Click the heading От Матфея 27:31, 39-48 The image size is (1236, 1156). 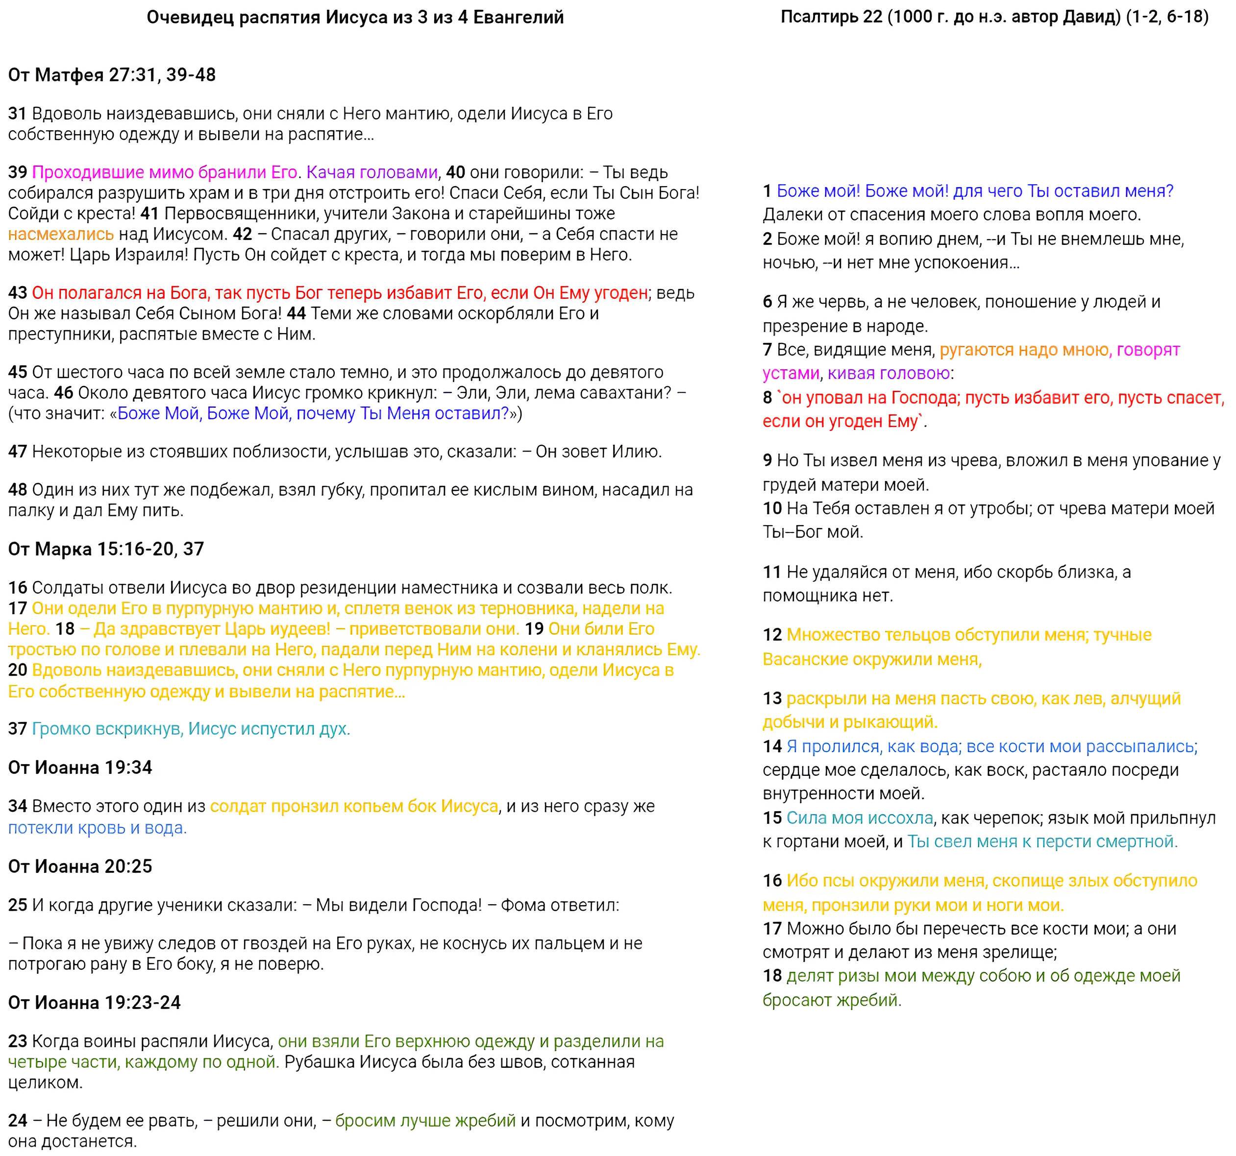click(x=112, y=75)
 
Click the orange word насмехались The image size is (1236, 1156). click(x=61, y=234)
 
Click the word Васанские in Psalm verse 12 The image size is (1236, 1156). click(x=806, y=659)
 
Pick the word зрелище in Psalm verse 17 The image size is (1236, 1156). click(x=1020, y=952)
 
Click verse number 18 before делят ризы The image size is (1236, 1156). click(x=772, y=976)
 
